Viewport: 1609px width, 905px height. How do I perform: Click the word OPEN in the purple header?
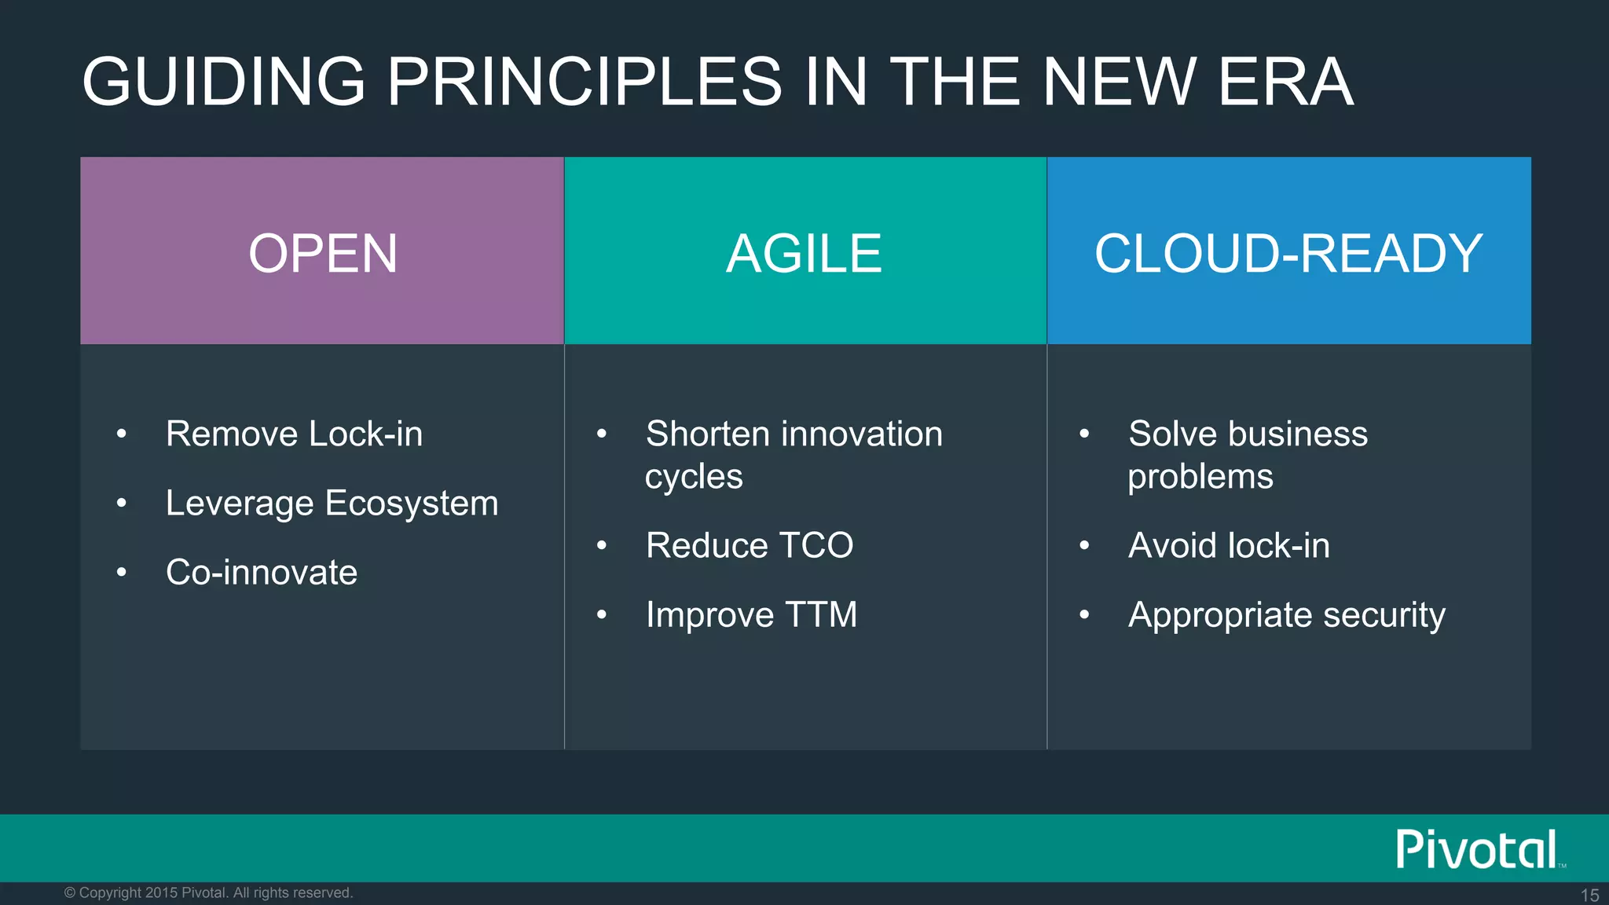pyautogui.click(x=323, y=254)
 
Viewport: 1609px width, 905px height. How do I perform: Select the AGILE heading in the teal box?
pyautogui.click(x=804, y=254)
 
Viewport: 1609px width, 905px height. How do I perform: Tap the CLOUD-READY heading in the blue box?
pyautogui.click(x=1288, y=254)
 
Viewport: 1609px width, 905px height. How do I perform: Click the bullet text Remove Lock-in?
pyautogui.click(x=294, y=434)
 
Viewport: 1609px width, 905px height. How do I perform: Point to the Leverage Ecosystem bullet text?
pyautogui.click(x=332, y=504)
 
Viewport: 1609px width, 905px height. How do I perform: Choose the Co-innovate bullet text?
pyautogui.click(x=262, y=572)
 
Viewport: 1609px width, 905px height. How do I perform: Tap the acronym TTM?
pyautogui.click(x=821, y=614)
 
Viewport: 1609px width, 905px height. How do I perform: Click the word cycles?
pyautogui.click(x=694, y=477)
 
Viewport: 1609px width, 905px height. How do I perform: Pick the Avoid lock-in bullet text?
pyautogui.click(x=1229, y=545)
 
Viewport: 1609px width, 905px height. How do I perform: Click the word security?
pyautogui.click(x=1384, y=615)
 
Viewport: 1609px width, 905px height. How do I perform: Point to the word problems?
pyautogui.click(x=1200, y=477)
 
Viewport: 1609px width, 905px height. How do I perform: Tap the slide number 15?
pyautogui.click(x=1589, y=895)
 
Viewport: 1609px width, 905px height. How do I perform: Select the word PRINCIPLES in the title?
pyautogui.click(x=585, y=82)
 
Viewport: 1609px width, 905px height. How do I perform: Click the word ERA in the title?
pyautogui.click(x=1285, y=82)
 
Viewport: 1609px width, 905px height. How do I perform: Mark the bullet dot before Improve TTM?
pyautogui.click(x=602, y=615)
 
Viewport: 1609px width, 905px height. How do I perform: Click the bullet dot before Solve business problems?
pyautogui.click(x=1084, y=434)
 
